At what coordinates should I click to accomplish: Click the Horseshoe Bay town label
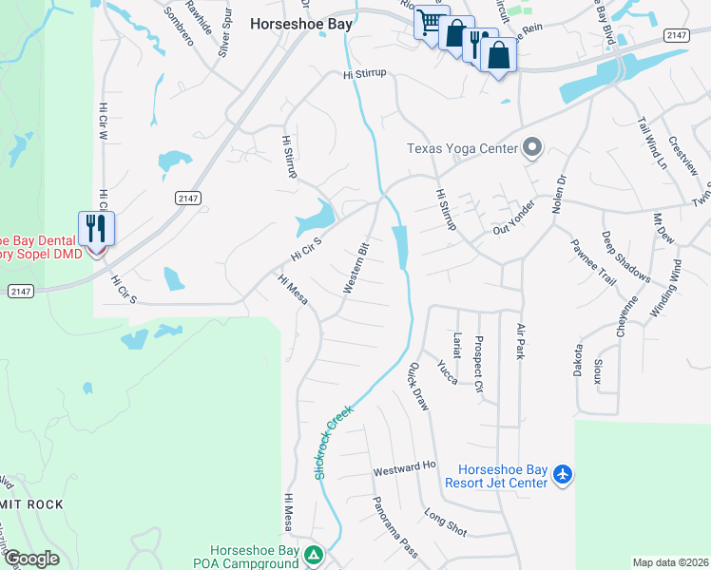pyautogui.click(x=300, y=25)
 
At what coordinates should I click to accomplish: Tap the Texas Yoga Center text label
pyautogui.click(x=462, y=148)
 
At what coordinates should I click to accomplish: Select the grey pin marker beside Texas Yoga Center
pyautogui.click(x=532, y=148)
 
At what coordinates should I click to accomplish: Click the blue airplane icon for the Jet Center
pyautogui.click(x=563, y=472)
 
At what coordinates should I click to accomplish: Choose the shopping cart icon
pyautogui.click(x=429, y=21)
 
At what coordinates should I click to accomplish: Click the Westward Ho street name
pyautogui.click(x=404, y=467)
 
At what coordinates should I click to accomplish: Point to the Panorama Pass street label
pyautogui.click(x=394, y=528)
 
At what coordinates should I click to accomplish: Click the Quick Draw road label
pyautogui.click(x=418, y=386)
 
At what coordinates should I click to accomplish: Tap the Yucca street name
pyautogui.click(x=447, y=370)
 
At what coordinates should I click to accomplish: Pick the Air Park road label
pyautogui.click(x=520, y=341)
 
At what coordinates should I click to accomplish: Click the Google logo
pyautogui.click(x=32, y=559)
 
